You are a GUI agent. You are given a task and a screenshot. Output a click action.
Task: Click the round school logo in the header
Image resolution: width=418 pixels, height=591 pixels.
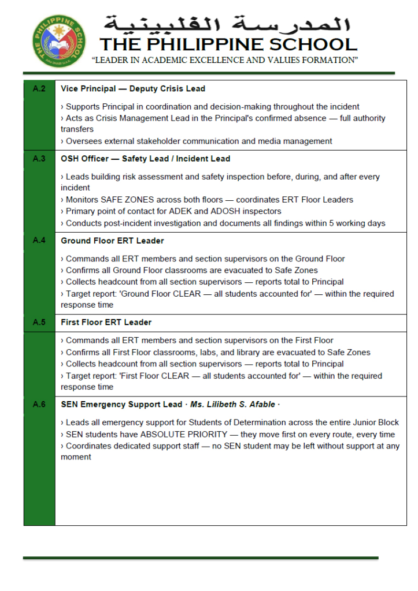click(x=58, y=42)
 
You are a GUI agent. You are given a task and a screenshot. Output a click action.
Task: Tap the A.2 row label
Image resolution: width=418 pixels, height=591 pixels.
click(x=39, y=89)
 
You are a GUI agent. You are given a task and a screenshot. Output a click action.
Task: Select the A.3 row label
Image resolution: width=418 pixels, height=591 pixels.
click(x=39, y=159)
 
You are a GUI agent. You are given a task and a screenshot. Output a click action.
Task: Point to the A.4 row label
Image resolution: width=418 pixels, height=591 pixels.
click(x=39, y=241)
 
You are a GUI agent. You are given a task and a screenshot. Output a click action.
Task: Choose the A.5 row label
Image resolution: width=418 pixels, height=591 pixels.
click(x=39, y=322)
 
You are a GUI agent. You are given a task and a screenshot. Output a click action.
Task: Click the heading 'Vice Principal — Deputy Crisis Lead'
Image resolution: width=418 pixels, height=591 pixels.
click(x=133, y=89)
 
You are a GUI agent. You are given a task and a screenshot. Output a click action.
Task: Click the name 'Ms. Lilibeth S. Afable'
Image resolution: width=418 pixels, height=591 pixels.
click(x=234, y=405)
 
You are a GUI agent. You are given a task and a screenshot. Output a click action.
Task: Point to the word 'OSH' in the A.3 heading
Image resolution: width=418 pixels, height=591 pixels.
click(x=69, y=159)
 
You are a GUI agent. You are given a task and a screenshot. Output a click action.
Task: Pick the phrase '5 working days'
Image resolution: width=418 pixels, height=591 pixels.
click(x=358, y=223)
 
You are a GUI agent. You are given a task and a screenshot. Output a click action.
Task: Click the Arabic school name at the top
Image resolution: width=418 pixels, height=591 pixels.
click(x=228, y=24)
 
